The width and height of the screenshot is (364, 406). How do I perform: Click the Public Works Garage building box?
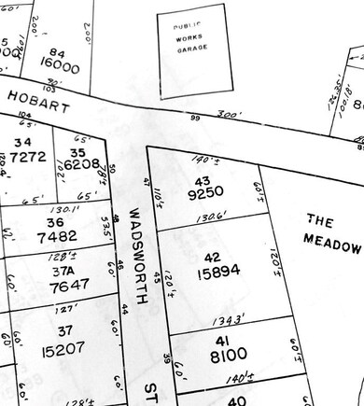pos(192,49)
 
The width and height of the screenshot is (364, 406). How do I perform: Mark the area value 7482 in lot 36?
pos(50,236)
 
